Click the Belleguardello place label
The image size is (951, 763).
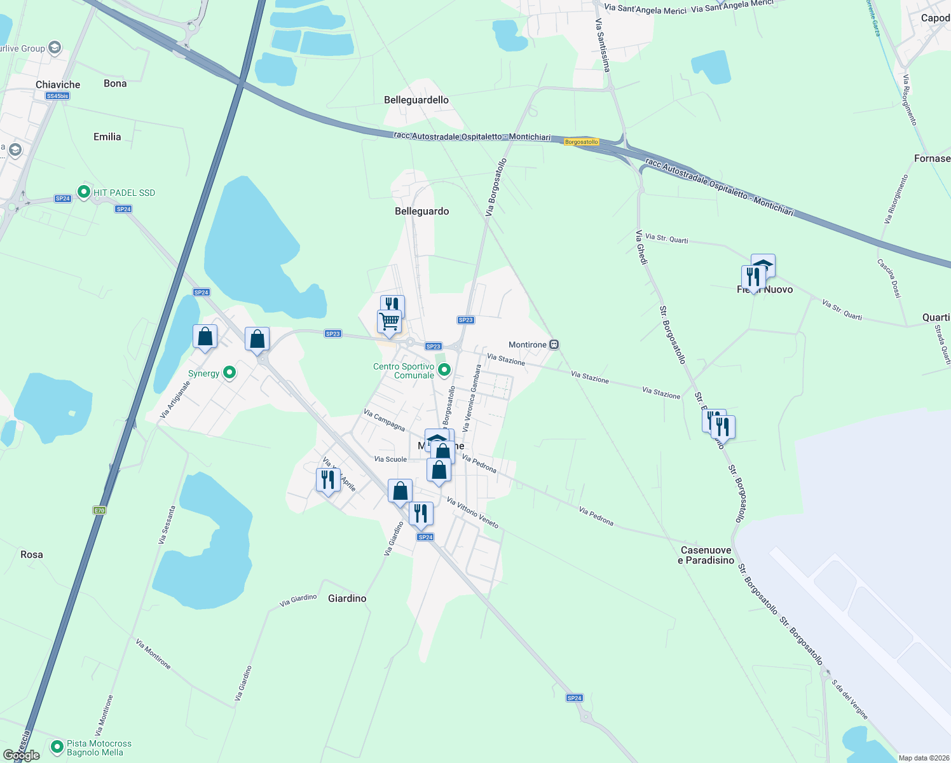click(x=416, y=100)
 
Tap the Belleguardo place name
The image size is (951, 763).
click(x=421, y=211)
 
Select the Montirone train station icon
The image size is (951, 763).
click(x=554, y=345)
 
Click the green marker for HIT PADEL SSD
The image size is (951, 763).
click(x=83, y=191)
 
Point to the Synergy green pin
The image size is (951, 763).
click(x=229, y=373)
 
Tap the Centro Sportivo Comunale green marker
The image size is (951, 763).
click(x=444, y=369)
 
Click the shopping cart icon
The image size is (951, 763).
click(x=389, y=321)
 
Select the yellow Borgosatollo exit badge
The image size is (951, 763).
click(x=582, y=142)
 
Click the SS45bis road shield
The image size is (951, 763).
click(x=57, y=96)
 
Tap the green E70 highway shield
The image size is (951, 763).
click(x=99, y=510)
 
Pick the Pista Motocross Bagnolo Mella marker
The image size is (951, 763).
click(x=57, y=746)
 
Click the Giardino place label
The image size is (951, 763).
click(x=347, y=598)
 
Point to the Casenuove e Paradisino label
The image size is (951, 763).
click(x=706, y=555)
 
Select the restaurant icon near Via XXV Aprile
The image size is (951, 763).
click(x=328, y=479)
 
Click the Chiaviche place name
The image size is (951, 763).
click(x=58, y=85)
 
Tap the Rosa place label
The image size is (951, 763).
click(x=32, y=554)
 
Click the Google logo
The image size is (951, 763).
click(x=22, y=755)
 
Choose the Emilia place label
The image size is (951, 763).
click(x=107, y=137)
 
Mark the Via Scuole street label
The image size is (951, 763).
click(x=390, y=459)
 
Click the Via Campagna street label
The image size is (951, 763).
click(x=384, y=420)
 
